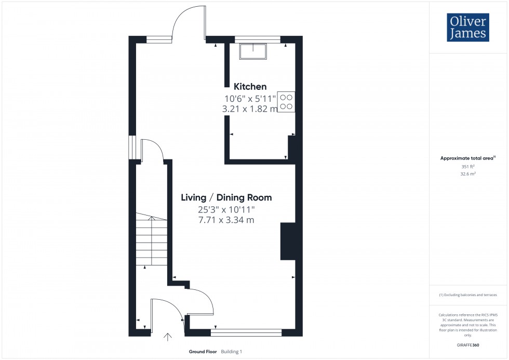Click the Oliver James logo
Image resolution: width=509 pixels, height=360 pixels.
click(x=467, y=28)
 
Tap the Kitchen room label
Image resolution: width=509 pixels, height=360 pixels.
click(x=250, y=87)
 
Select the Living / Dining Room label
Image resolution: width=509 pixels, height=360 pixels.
click(x=226, y=197)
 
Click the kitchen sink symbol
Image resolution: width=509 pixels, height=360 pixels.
click(x=252, y=51)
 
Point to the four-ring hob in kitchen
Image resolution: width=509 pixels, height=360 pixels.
click(x=286, y=101)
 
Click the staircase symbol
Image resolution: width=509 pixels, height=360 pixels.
click(x=152, y=242)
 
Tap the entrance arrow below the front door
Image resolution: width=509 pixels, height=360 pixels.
click(x=168, y=337)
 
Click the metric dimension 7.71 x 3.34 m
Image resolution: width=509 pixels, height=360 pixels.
click(x=226, y=220)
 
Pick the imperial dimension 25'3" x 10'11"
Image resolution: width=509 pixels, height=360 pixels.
click(x=226, y=209)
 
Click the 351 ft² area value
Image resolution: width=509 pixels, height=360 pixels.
click(x=468, y=167)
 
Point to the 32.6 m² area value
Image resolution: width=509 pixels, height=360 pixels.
click(x=468, y=175)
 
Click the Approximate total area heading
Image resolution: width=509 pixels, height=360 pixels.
click(x=467, y=158)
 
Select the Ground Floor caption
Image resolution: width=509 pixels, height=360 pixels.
click(x=203, y=352)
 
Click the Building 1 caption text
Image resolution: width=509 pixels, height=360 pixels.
click(x=232, y=352)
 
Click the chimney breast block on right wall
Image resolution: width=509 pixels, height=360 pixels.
click(x=288, y=241)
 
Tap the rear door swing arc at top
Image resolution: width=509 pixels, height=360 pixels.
click(x=187, y=21)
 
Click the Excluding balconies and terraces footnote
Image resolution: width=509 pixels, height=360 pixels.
click(x=468, y=295)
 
